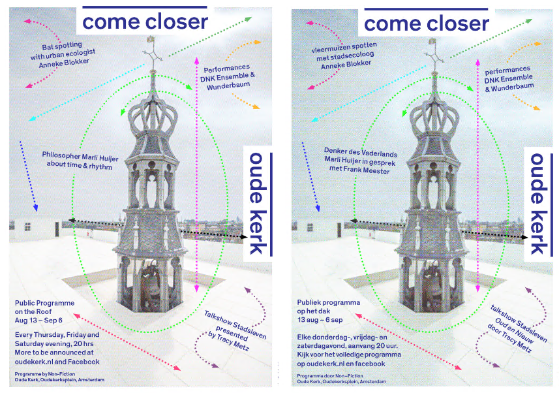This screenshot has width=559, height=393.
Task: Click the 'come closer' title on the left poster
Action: click(x=145, y=22)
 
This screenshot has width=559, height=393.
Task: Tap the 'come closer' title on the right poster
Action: click(x=426, y=24)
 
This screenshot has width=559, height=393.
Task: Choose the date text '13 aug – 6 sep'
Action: click(x=320, y=321)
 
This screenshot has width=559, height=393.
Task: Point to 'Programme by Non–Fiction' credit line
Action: click(x=45, y=374)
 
